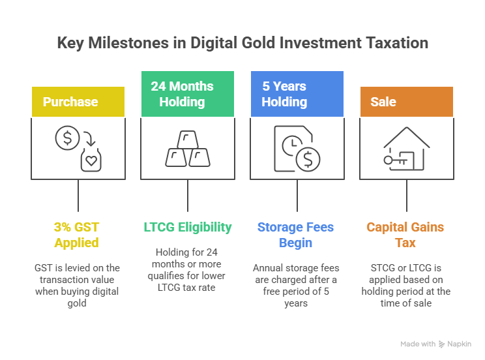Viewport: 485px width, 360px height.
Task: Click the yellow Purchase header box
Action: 78,102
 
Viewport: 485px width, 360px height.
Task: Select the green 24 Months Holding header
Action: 188,94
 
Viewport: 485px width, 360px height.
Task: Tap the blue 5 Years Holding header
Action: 297,94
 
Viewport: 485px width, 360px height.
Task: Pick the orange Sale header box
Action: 407,102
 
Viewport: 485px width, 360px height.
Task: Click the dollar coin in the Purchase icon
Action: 67,138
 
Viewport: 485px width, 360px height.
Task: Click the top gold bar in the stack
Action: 188,140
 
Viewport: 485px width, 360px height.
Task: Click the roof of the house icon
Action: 407,137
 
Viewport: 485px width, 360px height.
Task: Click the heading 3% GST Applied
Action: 77,235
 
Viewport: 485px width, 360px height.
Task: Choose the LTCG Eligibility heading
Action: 188,227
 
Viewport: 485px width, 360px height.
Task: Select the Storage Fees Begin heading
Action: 296,235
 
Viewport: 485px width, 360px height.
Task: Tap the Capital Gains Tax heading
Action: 405,235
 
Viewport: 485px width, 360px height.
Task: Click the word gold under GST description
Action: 77,303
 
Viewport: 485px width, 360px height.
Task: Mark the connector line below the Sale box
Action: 407,196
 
